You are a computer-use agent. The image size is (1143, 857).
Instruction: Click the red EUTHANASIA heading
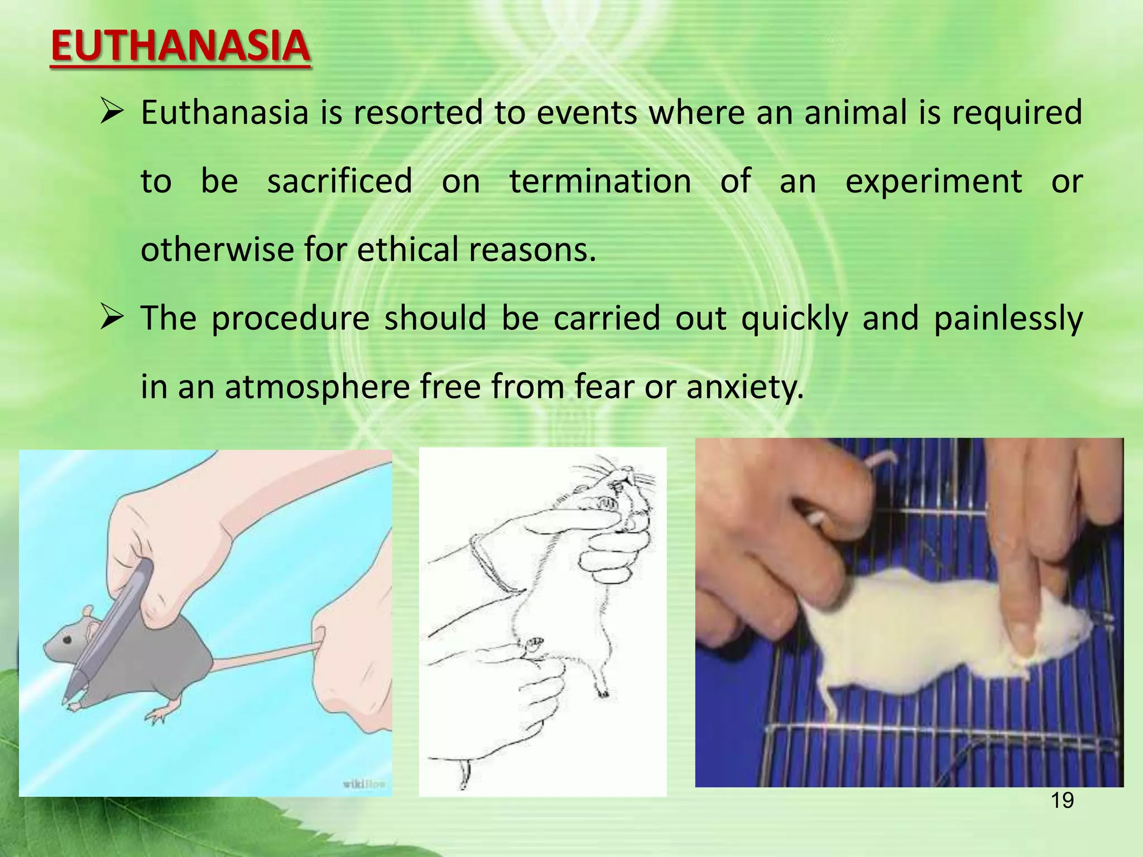(x=180, y=47)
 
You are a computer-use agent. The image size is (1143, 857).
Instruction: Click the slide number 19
(x=1062, y=801)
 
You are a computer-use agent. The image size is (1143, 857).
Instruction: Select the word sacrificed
(x=339, y=181)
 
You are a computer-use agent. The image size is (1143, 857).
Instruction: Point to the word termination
(x=600, y=181)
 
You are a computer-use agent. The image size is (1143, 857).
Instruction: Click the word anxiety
(x=745, y=387)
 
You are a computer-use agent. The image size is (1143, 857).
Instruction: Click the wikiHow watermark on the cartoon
(x=363, y=784)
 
